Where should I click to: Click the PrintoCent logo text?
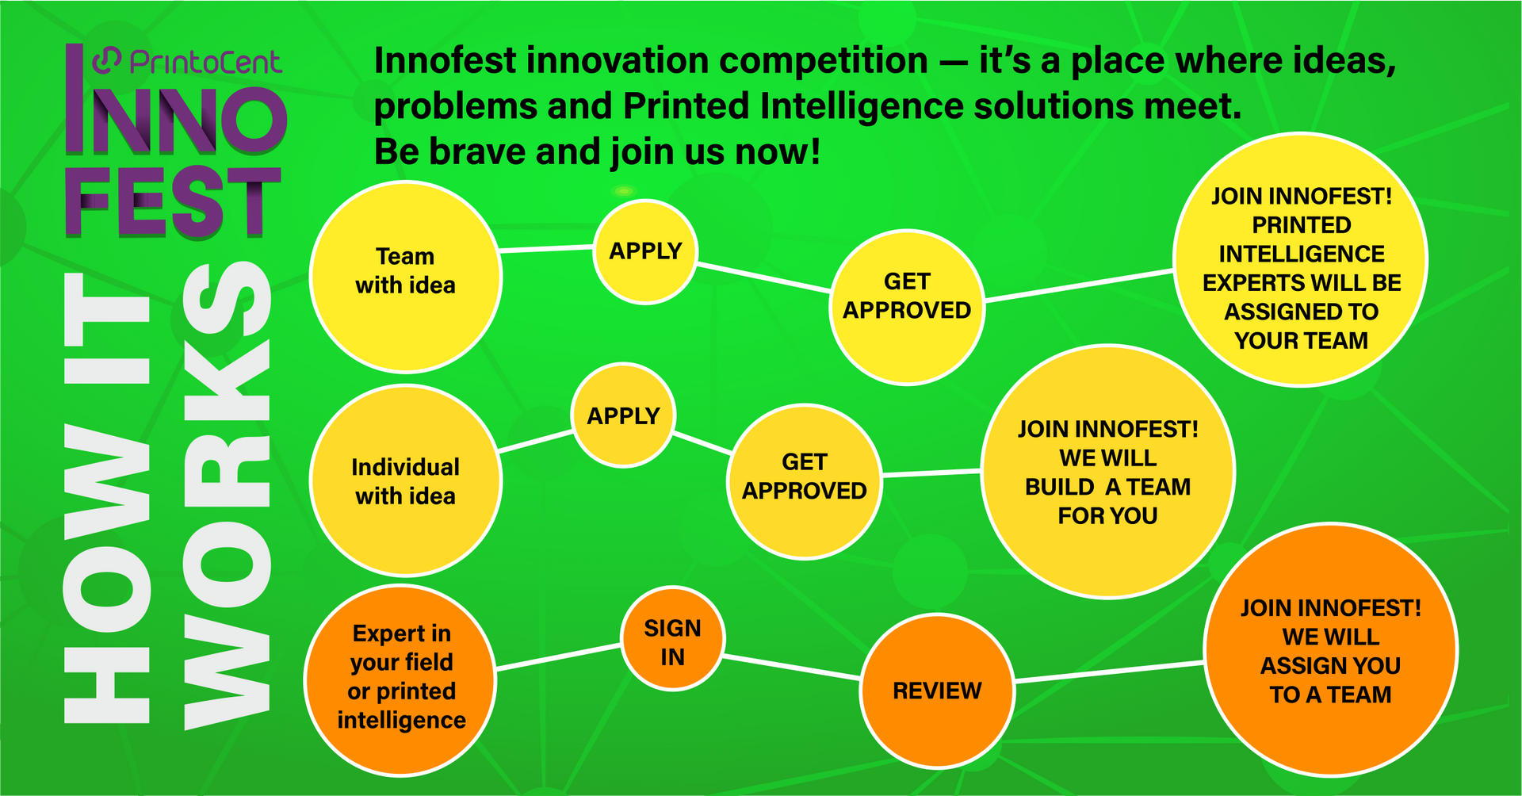coord(205,62)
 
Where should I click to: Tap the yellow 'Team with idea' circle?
coord(405,277)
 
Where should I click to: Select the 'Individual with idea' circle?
coord(405,480)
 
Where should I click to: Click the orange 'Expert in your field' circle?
coord(401,680)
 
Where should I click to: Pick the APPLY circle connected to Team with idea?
coord(645,251)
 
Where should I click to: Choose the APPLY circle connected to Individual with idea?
coord(623,415)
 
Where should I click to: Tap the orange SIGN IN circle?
coord(672,639)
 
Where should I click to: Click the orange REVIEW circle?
coord(937,691)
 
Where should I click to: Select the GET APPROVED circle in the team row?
coord(907,308)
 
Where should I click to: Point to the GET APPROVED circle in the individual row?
coord(804,482)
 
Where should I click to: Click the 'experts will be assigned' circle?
coord(1300,259)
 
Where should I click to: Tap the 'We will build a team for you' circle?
coord(1107,472)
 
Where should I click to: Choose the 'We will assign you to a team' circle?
coord(1330,650)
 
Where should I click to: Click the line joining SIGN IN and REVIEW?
coord(792,668)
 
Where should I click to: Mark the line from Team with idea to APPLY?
coord(547,249)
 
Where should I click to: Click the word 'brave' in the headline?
coord(478,151)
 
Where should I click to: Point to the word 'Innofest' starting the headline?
coord(444,60)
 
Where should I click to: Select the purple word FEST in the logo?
coord(173,203)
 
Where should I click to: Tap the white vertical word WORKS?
coord(228,495)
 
